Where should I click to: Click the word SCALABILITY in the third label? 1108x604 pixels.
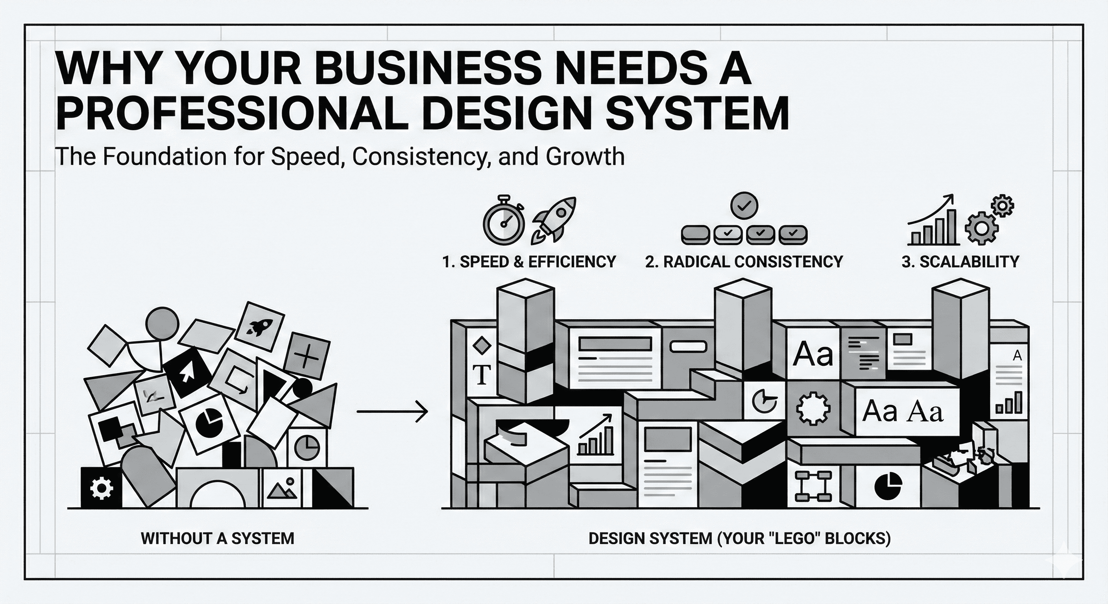[969, 262]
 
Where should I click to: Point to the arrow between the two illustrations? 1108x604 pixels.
[392, 412]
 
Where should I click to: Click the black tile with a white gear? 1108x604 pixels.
[101, 488]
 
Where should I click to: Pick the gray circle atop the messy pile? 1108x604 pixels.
[162, 324]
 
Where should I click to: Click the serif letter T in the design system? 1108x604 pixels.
[482, 375]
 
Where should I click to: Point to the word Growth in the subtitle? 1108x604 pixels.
[585, 156]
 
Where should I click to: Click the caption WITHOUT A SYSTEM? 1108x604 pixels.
[218, 538]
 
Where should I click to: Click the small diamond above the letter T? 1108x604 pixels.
[481, 345]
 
